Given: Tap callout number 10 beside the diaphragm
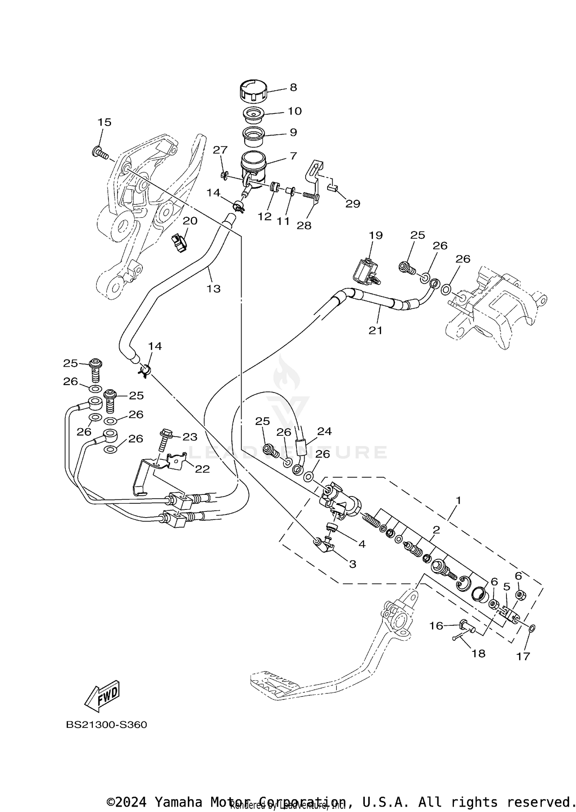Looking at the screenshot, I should pos(295,111).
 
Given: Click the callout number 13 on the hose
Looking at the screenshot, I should pos(214,288).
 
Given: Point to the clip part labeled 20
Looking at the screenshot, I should pos(179,243).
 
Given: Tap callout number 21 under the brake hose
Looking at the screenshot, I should pos(375,330).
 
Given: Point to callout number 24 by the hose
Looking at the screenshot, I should pos(324,431).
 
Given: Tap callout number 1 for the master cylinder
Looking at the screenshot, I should pos(458,500).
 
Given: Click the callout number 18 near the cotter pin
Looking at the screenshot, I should pos(478,653).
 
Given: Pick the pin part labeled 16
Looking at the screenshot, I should pos(465,625).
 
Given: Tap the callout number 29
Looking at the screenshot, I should pos(353,203).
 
